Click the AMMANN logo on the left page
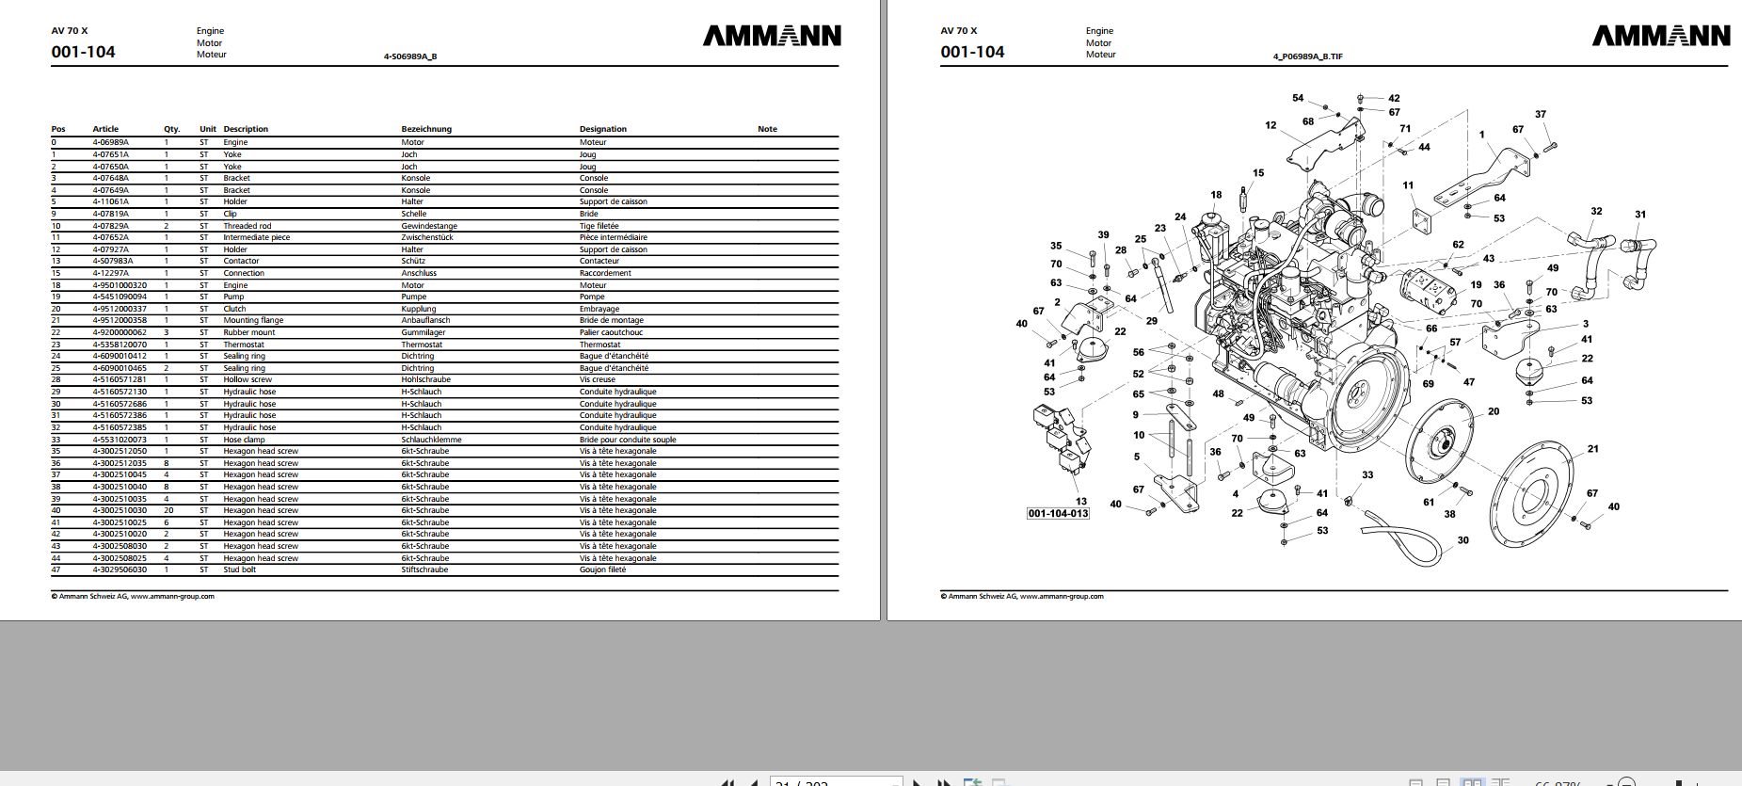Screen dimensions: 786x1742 click(772, 36)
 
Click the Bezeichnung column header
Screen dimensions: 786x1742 click(426, 129)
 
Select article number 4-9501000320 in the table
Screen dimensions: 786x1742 click(120, 285)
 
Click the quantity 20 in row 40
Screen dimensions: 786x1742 click(168, 510)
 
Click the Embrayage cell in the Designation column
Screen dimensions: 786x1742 click(599, 309)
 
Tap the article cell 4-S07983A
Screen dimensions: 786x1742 click(113, 261)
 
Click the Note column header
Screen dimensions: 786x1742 click(767, 129)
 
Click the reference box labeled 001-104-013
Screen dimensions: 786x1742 click(1058, 513)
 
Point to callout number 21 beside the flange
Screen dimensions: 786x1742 click(1592, 449)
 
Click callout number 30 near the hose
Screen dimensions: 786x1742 click(1462, 540)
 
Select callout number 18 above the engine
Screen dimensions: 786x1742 click(1216, 195)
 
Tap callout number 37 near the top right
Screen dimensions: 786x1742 click(1541, 115)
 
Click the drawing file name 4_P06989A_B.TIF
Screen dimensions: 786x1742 click(1307, 56)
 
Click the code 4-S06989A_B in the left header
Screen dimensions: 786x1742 click(409, 56)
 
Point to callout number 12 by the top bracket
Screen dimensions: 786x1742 click(1271, 125)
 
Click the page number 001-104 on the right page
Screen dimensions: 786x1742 click(972, 52)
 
